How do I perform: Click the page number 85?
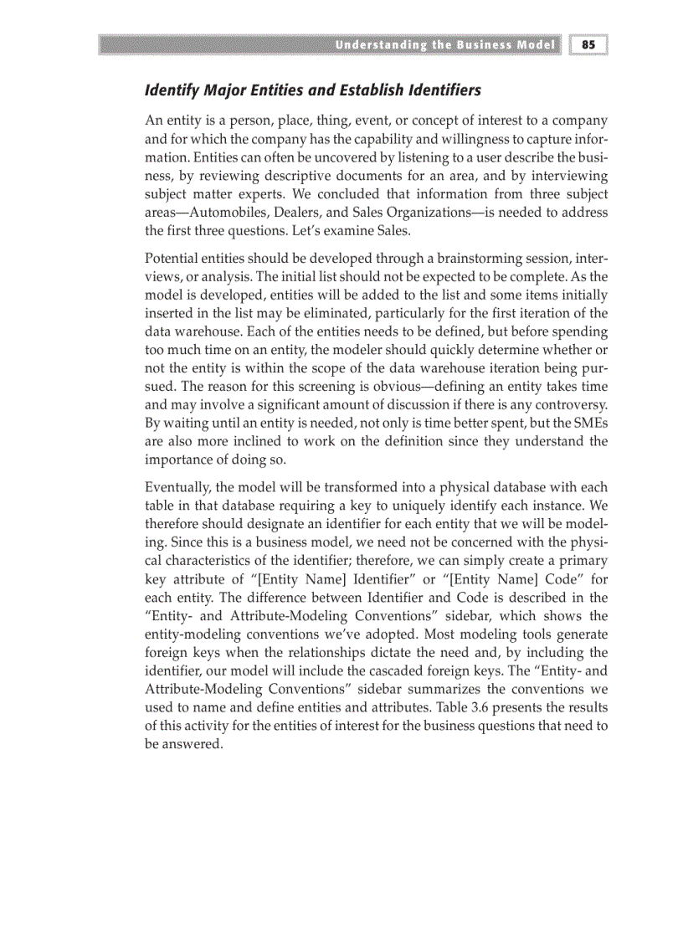coord(588,45)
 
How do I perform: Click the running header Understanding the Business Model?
coord(444,45)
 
